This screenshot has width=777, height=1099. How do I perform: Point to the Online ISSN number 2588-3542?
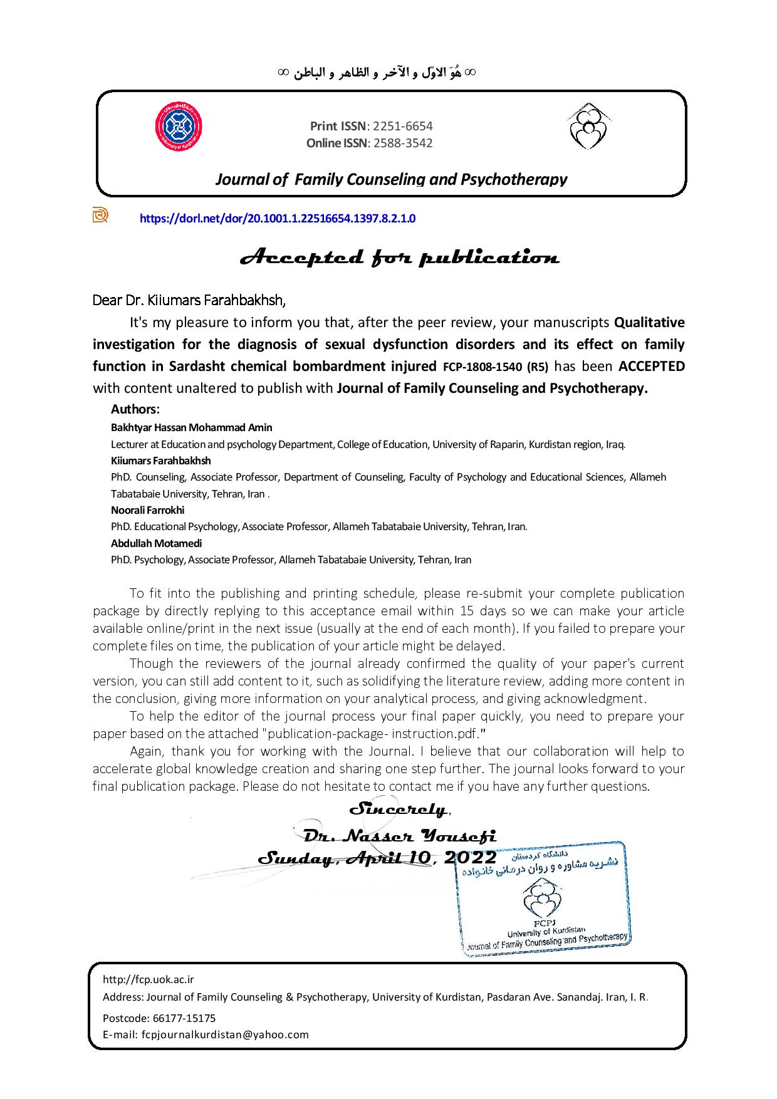[x=403, y=143]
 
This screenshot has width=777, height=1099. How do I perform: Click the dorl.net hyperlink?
[x=277, y=219]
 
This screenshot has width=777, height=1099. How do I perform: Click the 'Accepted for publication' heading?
[x=400, y=258]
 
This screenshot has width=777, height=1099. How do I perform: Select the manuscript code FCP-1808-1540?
[x=484, y=367]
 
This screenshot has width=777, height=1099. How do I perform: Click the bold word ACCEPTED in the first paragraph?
[x=652, y=366]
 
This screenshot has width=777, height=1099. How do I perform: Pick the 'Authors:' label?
[x=135, y=409]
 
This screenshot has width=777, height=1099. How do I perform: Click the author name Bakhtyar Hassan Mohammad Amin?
[x=192, y=427]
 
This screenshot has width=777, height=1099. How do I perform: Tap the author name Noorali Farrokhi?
[x=148, y=510]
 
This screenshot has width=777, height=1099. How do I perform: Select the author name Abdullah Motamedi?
[x=157, y=543]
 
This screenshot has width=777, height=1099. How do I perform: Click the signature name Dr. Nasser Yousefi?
[x=399, y=836]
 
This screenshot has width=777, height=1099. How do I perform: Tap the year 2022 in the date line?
[x=470, y=857]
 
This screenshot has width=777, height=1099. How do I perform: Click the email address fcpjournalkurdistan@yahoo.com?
[x=225, y=1034]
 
